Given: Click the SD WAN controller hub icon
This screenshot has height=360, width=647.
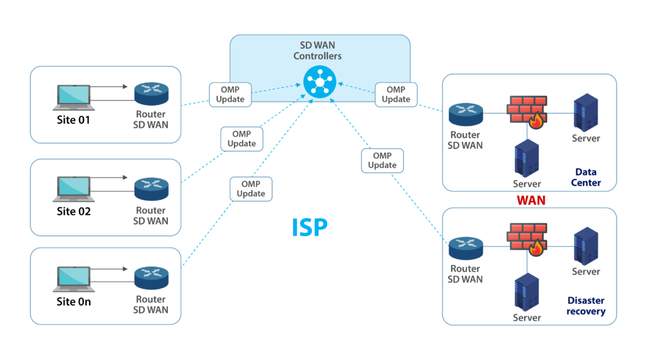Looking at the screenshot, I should [320, 83].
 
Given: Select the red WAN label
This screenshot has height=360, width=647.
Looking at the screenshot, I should [531, 200].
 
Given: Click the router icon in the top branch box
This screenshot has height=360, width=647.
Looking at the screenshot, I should [151, 94].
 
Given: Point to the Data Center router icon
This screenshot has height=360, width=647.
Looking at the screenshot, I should [466, 114].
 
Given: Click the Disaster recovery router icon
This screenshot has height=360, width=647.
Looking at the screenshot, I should [466, 247].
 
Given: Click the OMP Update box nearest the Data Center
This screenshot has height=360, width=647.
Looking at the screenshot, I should [396, 94].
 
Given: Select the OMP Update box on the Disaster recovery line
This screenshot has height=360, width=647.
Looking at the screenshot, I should [382, 160].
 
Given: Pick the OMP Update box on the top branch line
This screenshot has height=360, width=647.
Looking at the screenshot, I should [230, 95].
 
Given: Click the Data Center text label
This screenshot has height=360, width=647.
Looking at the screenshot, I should [586, 177].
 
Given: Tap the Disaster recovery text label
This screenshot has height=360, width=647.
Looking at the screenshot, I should [586, 306].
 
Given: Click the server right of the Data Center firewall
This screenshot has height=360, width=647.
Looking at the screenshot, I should [586, 114].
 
